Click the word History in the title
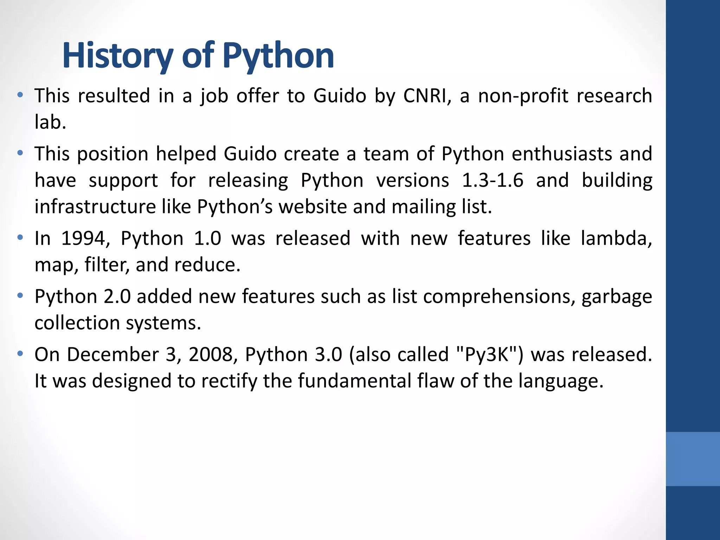click(x=118, y=56)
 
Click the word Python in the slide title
click(x=278, y=56)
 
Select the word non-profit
click(x=523, y=96)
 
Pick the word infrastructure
click(x=95, y=206)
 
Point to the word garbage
click(x=617, y=296)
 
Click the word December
click(x=112, y=354)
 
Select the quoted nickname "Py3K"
click(x=487, y=354)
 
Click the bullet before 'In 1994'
click(x=20, y=237)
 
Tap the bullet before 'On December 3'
click(x=20, y=353)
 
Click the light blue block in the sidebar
click(x=693, y=459)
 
